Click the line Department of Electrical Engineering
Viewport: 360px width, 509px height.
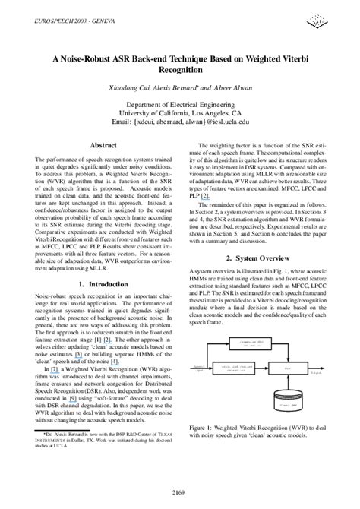(x=180, y=104)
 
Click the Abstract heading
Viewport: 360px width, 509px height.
(x=103, y=144)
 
